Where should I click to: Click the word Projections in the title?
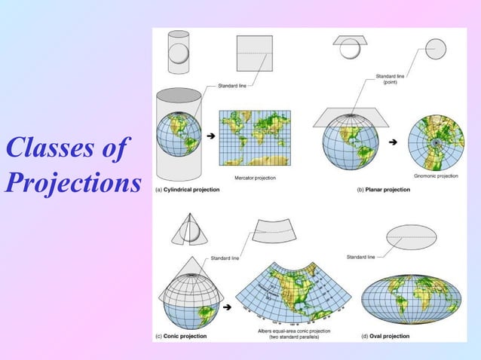click(73, 182)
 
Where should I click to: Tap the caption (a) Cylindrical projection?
click(188, 190)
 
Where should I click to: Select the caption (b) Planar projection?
click(383, 190)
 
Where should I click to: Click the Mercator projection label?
click(254, 177)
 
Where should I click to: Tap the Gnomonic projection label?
click(437, 175)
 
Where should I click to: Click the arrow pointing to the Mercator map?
click(210, 135)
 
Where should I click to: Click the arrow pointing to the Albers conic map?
click(228, 307)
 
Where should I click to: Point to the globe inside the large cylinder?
click(179, 136)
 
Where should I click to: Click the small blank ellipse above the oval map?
click(411, 238)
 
